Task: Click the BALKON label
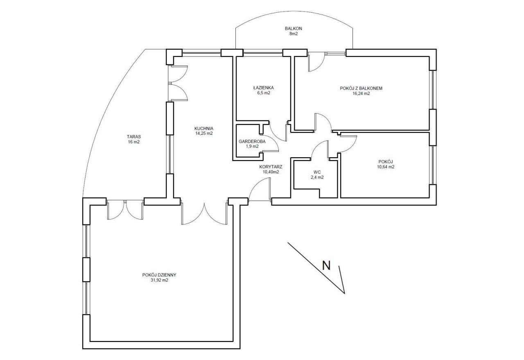point(294,29)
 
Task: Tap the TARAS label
point(134,137)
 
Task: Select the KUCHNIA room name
point(204,129)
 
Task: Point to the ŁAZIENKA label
point(263,88)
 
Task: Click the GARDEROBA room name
point(252,141)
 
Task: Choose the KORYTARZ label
point(271,167)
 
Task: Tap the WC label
point(317,172)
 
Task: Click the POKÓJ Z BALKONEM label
point(361,88)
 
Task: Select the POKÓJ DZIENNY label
point(159,275)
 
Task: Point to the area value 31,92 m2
point(159,280)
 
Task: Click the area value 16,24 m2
point(361,94)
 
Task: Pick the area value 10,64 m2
point(386,167)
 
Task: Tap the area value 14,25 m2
point(204,134)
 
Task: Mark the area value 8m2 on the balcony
point(294,34)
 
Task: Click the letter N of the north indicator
point(326,265)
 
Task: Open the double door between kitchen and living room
point(204,213)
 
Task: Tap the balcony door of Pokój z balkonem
point(316,61)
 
